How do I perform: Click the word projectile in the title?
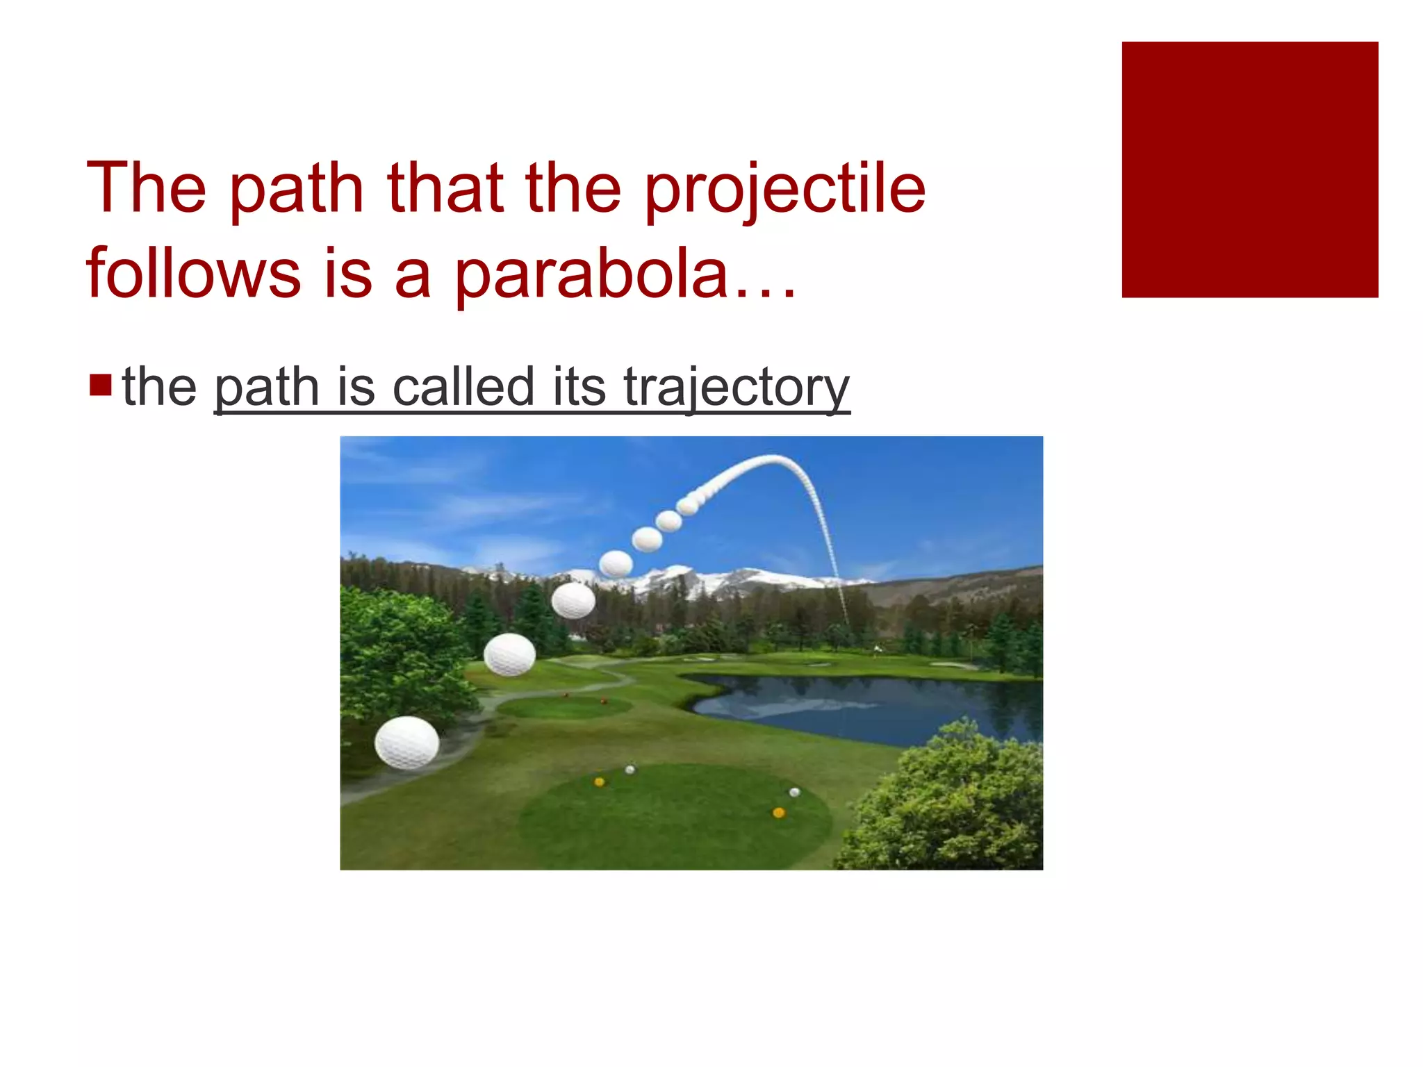coord(784,189)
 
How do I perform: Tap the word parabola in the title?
coord(591,274)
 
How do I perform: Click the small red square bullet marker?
coord(101,384)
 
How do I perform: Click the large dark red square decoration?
coord(1249,169)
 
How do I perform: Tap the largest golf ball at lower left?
coord(406,743)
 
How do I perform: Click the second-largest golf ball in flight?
coord(509,654)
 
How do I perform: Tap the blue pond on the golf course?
coord(869,705)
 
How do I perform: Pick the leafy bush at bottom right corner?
coord(952,806)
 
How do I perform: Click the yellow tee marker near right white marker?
coord(778,812)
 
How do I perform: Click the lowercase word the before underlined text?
coord(159,387)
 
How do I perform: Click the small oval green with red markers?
coord(564,707)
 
